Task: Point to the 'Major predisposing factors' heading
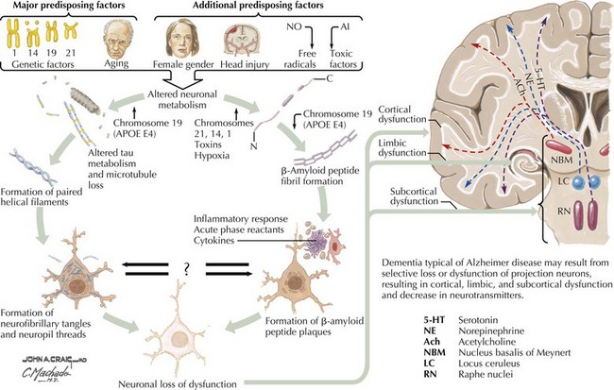coord(61,8)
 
